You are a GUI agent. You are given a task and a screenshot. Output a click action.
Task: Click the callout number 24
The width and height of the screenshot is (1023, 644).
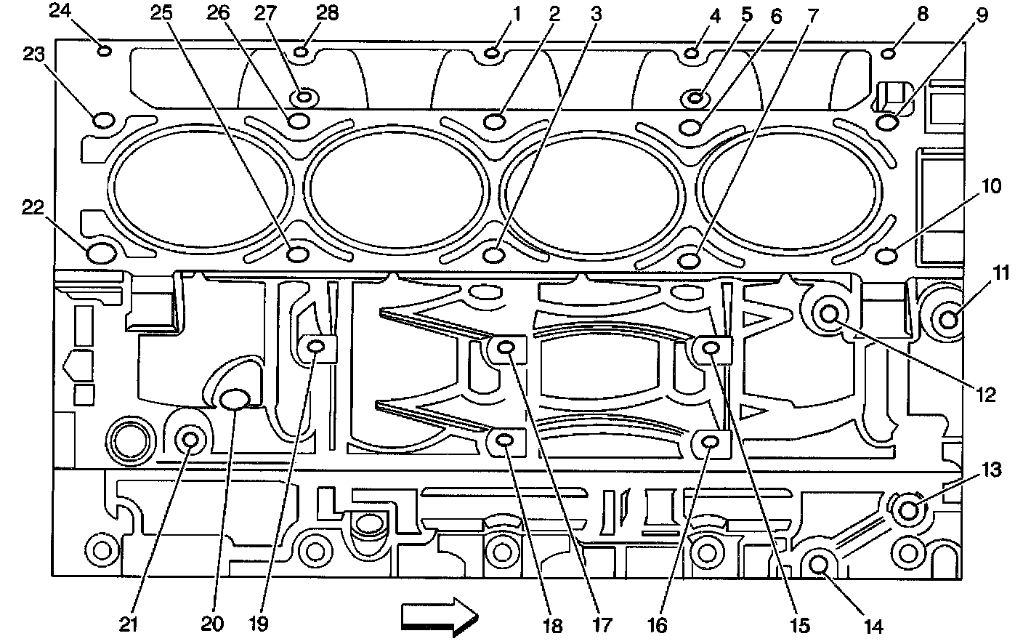coord(60,10)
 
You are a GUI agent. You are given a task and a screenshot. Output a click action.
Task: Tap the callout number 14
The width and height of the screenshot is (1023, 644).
coord(873,627)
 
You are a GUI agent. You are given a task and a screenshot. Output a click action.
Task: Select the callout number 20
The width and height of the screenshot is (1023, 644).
coord(212,624)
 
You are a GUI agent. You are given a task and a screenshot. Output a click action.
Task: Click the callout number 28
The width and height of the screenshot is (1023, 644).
coord(327,13)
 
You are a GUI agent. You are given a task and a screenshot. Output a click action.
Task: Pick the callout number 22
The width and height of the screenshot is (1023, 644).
coord(33,207)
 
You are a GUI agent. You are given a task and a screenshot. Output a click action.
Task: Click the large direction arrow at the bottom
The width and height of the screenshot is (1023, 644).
coord(440,616)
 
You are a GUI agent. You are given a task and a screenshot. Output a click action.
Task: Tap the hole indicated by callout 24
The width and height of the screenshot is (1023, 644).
coord(104,50)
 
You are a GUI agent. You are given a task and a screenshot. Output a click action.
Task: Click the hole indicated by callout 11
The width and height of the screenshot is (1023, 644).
coord(949,319)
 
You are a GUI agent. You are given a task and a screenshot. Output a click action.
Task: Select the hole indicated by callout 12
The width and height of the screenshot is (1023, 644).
coord(829,314)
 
